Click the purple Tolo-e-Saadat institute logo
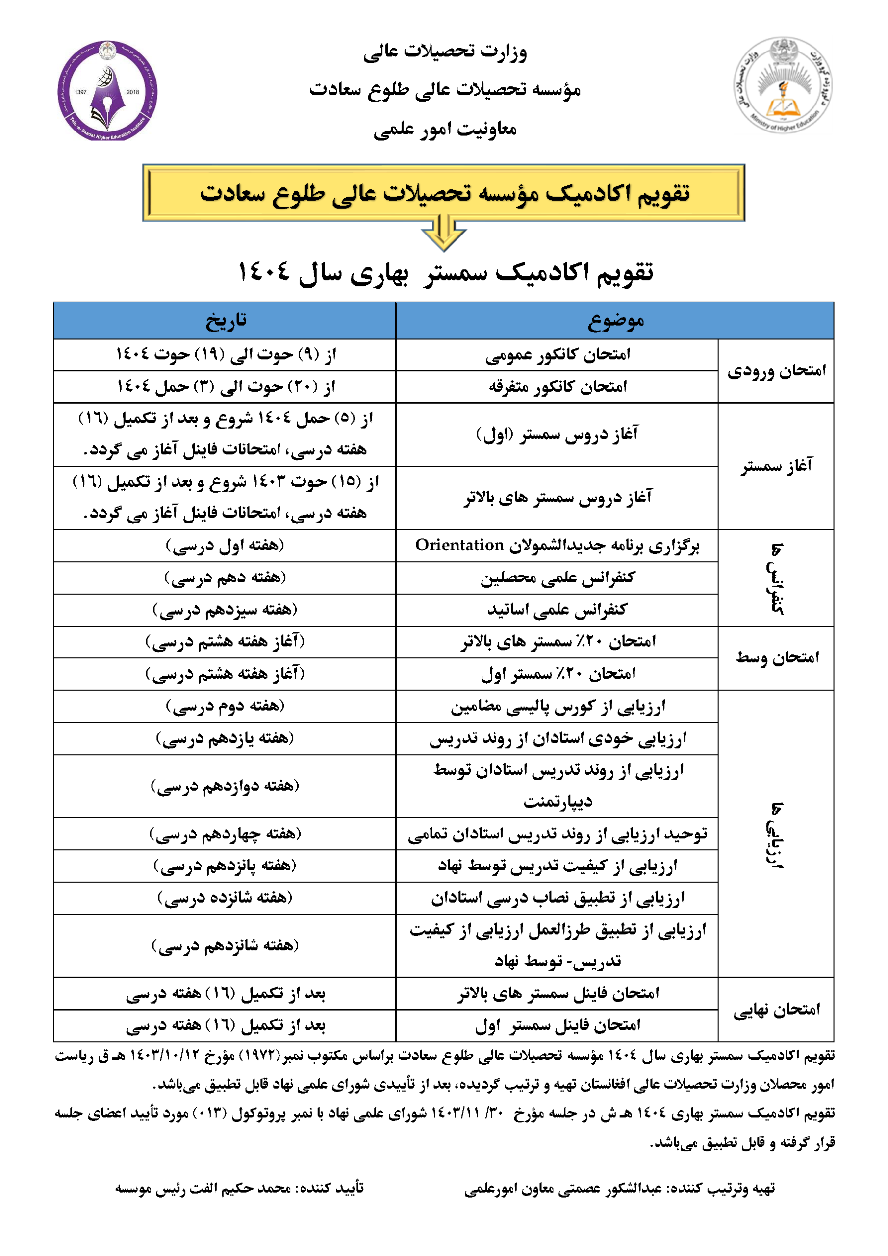[107, 91]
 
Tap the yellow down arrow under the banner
[443, 233]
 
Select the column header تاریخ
[225, 320]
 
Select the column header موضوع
[615, 320]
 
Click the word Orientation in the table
[459, 546]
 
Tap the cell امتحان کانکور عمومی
[557, 355]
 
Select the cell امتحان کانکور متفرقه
[557, 387]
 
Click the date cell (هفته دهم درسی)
[225, 577]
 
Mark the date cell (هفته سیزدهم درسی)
[225, 610]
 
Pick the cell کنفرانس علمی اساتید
[557, 610]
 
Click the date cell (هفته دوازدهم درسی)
[225, 786]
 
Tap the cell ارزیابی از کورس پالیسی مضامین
[557, 706]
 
